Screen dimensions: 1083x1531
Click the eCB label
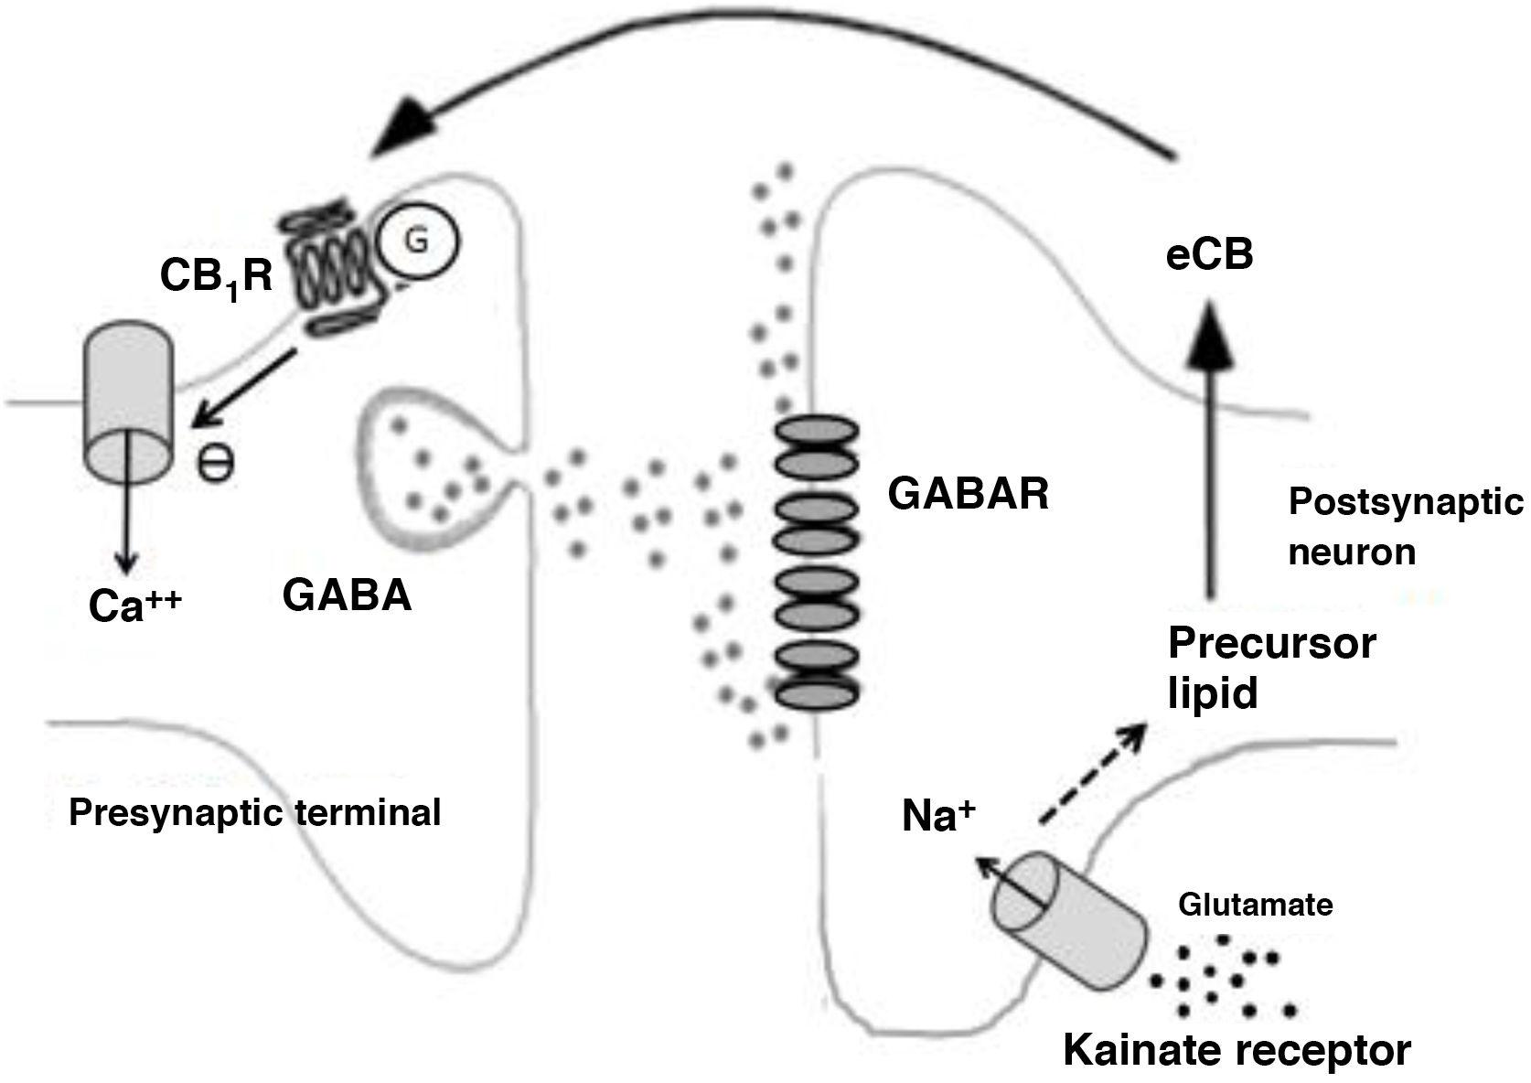click(1209, 257)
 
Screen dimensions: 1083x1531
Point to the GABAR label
click(968, 495)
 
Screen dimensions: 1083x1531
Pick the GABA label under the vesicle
click(347, 595)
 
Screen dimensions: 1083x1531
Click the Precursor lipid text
click(1271, 668)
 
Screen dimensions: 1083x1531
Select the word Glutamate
click(1255, 905)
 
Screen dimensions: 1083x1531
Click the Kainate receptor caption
click(1237, 1050)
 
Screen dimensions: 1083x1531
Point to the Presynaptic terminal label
click(255, 812)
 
